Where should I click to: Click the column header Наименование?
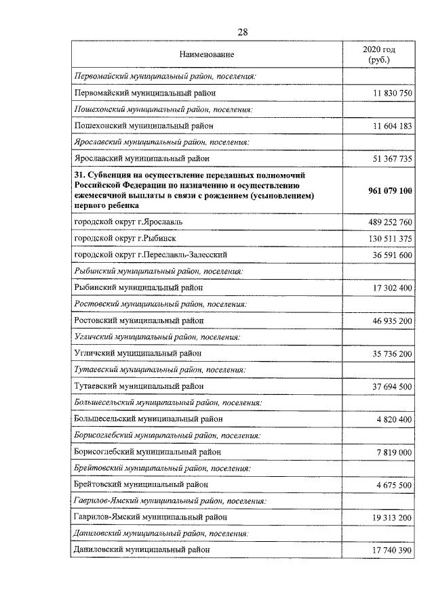pyautogui.click(x=207, y=54)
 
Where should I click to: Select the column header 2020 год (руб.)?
pyautogui.click(x=379, y=55)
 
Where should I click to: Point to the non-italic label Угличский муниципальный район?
pyautogui.click(x=137, y=353)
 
